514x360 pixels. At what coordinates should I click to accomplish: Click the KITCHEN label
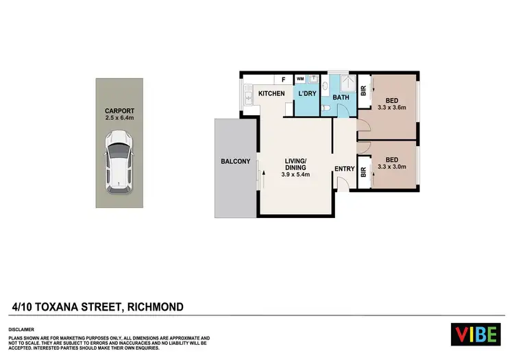(271, 93)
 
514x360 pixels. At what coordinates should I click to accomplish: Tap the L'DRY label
(307, 93)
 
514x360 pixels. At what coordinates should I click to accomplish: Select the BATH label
(341, 97)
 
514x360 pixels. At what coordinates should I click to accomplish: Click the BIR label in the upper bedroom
(363, 90)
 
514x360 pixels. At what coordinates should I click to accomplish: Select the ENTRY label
(344, 168)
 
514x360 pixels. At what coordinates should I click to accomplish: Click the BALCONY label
(234, 162)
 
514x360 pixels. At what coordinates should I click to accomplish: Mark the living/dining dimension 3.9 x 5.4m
(297, 175)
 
